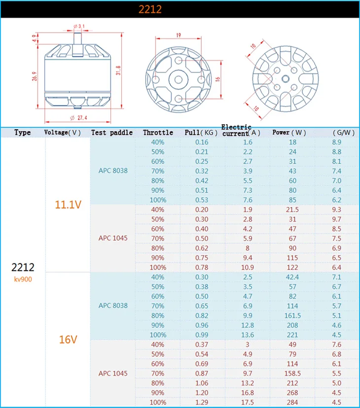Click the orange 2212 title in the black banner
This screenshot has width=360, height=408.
click(x=150, y=9)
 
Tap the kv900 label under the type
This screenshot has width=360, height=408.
click(x=23, y=279)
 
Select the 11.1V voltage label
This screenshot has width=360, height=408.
click(x=68, y=205)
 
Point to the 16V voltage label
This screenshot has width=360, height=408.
click(x=68, y=339)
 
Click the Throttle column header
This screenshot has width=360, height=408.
click(x=158, y=132)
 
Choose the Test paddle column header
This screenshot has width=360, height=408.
click(x=112, y=132)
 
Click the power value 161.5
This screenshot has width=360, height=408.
click(x=292, y=316)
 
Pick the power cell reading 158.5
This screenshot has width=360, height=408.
click(x=292, y=373)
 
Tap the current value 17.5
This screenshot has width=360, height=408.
click(x=248, y=402)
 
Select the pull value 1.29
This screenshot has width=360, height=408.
click(x=202, y=402)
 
